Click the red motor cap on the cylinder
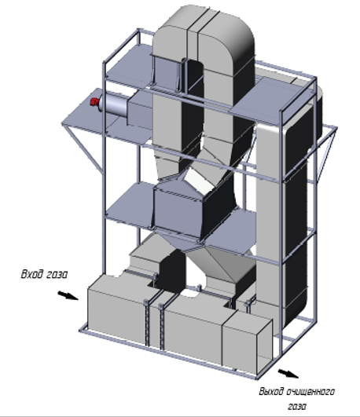pyautogui.click(x=94, y=102)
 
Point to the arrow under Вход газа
pyautogui.click(x=68, y=295)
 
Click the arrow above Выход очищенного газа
pyautogui.click(x=288, y=373)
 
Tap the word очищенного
pyautogui.click(x=310, y=392)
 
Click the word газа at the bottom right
pyautogui.click(x=297, y=406)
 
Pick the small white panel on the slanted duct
pyautogui.click(x=199, y=181)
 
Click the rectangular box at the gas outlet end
pyautogui.click(x=247, y=343)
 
